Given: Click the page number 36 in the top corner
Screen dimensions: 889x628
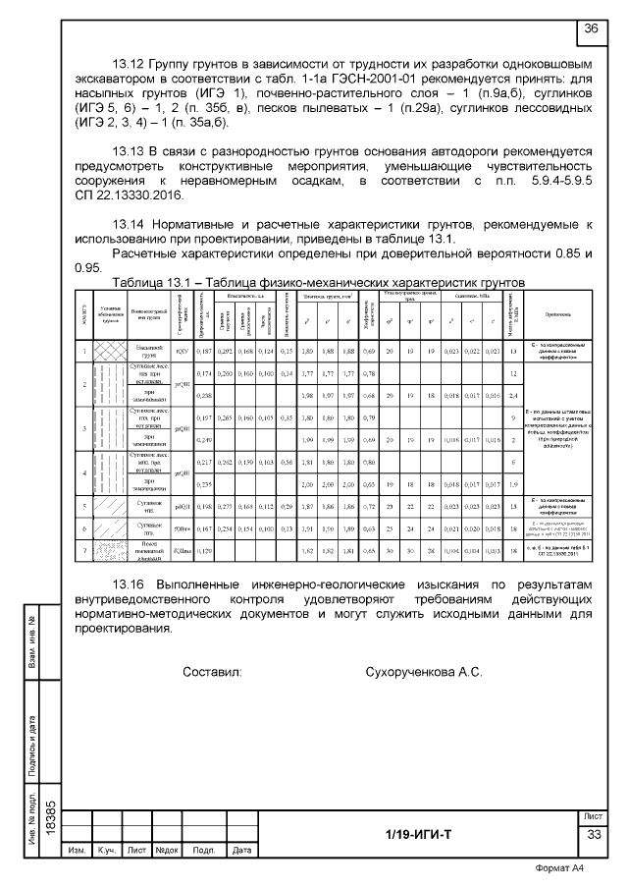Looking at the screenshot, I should tap(593, 28).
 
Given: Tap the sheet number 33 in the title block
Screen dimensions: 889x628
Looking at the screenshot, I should tap(594, 835).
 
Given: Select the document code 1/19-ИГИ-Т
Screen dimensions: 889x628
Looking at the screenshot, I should tap(418, 835).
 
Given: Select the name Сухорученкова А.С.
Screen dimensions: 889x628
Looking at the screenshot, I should tap(423, 673).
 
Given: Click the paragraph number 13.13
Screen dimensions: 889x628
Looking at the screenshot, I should tap(132, 151).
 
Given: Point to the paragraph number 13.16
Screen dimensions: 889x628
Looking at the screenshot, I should tap(132, 586).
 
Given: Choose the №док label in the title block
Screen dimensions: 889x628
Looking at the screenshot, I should tap(167, 849).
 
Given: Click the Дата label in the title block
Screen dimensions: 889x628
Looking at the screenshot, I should tap(242, 849).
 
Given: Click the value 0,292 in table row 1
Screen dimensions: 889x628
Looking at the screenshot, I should tap(225, 351).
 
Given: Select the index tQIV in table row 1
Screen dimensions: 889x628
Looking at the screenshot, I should tap(182, 351).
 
